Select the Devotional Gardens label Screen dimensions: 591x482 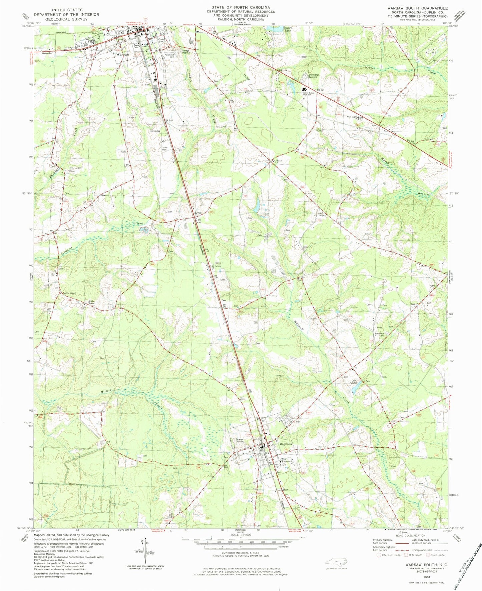pos(314,76)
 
